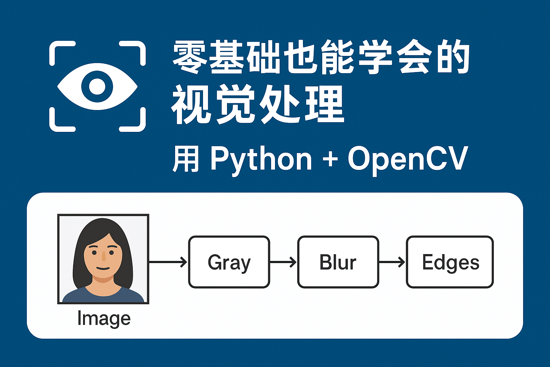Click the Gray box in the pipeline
[x=229, y=262]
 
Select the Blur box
[x=338, y=262]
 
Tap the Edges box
[x=450, y=262]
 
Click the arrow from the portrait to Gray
[x=168, y=262]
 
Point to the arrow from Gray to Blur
[x=283, y=262]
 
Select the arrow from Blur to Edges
[x=392, y=262]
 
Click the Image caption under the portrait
[x=104, y=318]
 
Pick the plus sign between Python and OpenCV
[x=330, y=159]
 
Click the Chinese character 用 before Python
[x=185, y=159]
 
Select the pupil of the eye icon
[x=97, y=86]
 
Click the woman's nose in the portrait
[x=103, y=256]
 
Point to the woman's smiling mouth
[x=103, y=268]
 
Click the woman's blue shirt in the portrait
[x=104, y=297]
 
